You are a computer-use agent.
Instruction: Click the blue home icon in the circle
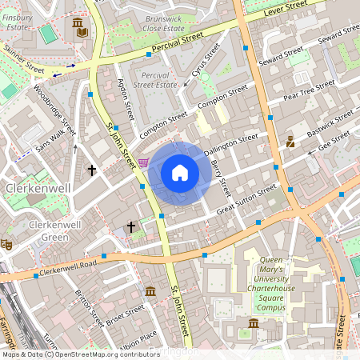click(180, 173)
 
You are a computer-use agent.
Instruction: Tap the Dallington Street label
click(230, 144)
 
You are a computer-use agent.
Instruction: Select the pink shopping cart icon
click(143, 162)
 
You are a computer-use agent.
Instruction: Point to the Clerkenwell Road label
click(68, 266)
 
